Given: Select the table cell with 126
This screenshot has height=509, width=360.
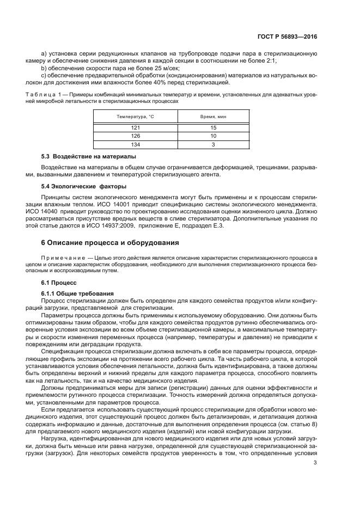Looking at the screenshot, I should point(136,136).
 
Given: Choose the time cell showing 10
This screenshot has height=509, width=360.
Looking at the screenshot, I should point(213,136).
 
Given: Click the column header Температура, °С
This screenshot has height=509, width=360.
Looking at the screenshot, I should point(136,117).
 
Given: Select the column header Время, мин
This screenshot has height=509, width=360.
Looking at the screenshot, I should point(213,117).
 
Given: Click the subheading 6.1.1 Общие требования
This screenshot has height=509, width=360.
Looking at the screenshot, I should point(77,293).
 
